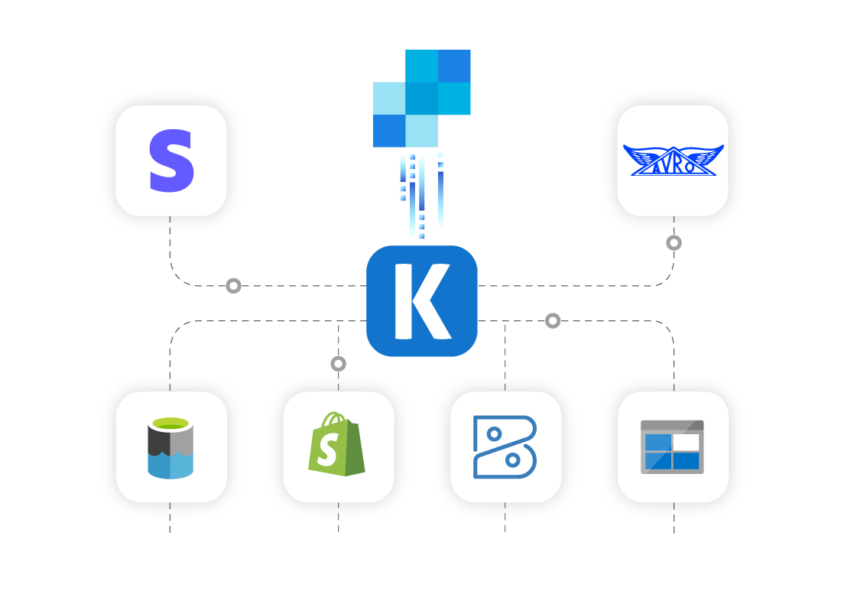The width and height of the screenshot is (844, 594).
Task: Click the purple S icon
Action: [x=171, y=161]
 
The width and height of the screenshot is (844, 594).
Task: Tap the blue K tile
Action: [x=422, y=300]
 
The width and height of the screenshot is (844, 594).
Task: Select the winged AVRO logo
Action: [x=673, y=161]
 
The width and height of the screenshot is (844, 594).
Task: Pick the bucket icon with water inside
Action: [x=170, y=448]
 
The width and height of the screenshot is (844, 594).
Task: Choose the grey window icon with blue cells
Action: [x=672, y=447]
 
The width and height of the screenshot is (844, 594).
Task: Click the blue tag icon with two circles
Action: [x=505, y=447]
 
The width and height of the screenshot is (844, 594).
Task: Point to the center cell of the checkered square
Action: [x=421, y=98]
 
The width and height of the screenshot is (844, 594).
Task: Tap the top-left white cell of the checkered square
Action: [x=389, y=66]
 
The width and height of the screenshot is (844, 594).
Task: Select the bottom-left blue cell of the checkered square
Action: [x=389, y=130]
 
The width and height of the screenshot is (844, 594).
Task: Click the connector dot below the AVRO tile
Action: [x=674, y=243]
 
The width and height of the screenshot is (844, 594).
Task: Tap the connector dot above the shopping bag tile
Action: [x=338, y=364]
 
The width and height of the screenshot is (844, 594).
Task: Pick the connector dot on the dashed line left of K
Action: [x=233, y=286]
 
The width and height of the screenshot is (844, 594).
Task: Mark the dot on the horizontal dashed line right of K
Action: [x=553, y=321]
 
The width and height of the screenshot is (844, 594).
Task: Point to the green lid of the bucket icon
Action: [x=170, y=424]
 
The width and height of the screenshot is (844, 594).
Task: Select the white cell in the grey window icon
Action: [x=686, y=442]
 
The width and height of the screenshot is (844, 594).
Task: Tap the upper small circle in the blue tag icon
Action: [x=494, y=434]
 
